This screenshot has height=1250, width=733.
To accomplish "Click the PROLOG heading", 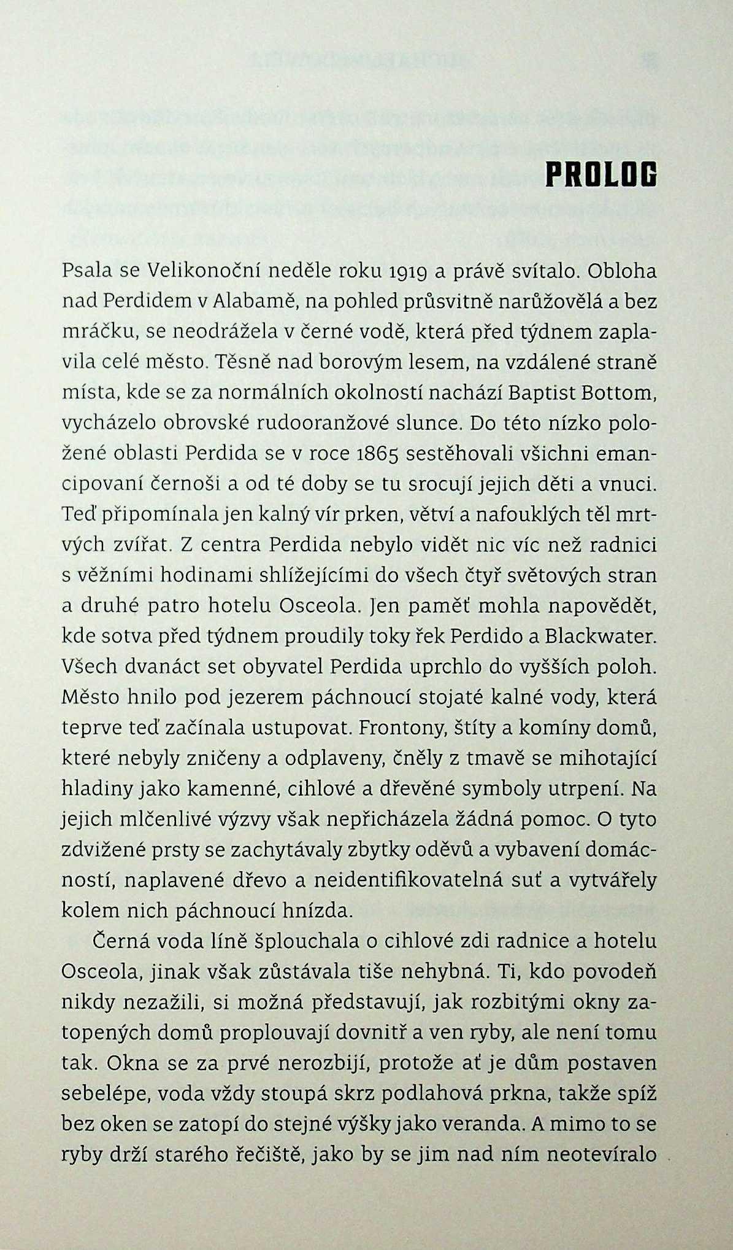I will [x=601, y=175].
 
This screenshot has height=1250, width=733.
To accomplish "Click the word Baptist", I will [x=537, y=393].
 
